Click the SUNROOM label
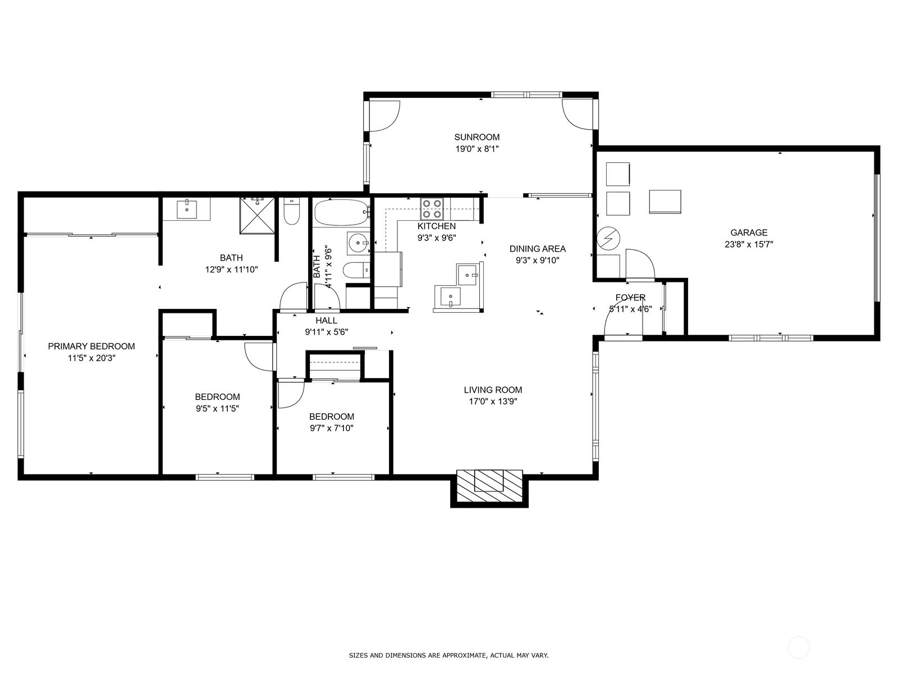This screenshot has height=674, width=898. (x=477, y=137)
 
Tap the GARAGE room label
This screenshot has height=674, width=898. (x=749, y=233)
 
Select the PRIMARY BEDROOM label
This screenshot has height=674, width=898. (x=91, y=346)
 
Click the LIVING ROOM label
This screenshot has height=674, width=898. (x=493, y=390)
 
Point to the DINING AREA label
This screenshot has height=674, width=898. (x=538, y=248)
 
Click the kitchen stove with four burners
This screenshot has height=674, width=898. (x=432, y=209)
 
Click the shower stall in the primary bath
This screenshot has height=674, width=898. (x=257, y=216)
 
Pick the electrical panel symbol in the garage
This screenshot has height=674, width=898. (x=608, y=238)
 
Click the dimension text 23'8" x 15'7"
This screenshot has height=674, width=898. (x=749, y=245)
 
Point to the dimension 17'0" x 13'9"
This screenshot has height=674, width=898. (x=493, y=402)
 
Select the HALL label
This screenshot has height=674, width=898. (x=327, y=320)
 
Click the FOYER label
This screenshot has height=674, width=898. (x=630, y=298)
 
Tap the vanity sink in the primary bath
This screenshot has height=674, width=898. (x=187, y=209)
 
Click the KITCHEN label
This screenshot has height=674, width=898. (x=437, y=226)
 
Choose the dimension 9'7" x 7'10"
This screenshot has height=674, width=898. (x=331, y=428)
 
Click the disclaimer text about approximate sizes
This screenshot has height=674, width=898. (x=448, y=655)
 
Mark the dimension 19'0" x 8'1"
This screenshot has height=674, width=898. (x=477, y=149)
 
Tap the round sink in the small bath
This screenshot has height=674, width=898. (x=359, y=243)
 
